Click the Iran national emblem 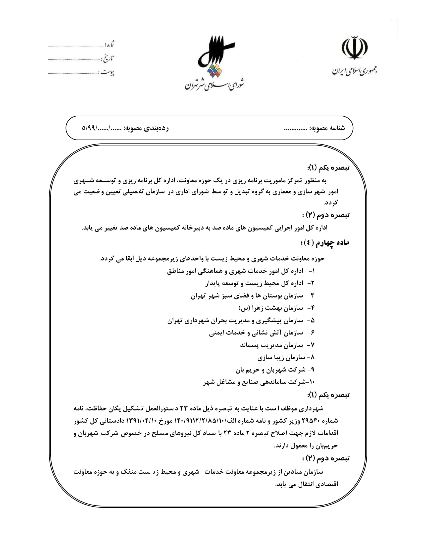coord(354,48)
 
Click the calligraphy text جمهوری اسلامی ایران coord(355,71)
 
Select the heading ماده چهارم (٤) coord(325,242)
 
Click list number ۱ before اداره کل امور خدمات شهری coord(312,271)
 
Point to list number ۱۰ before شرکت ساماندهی coord(311,382)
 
